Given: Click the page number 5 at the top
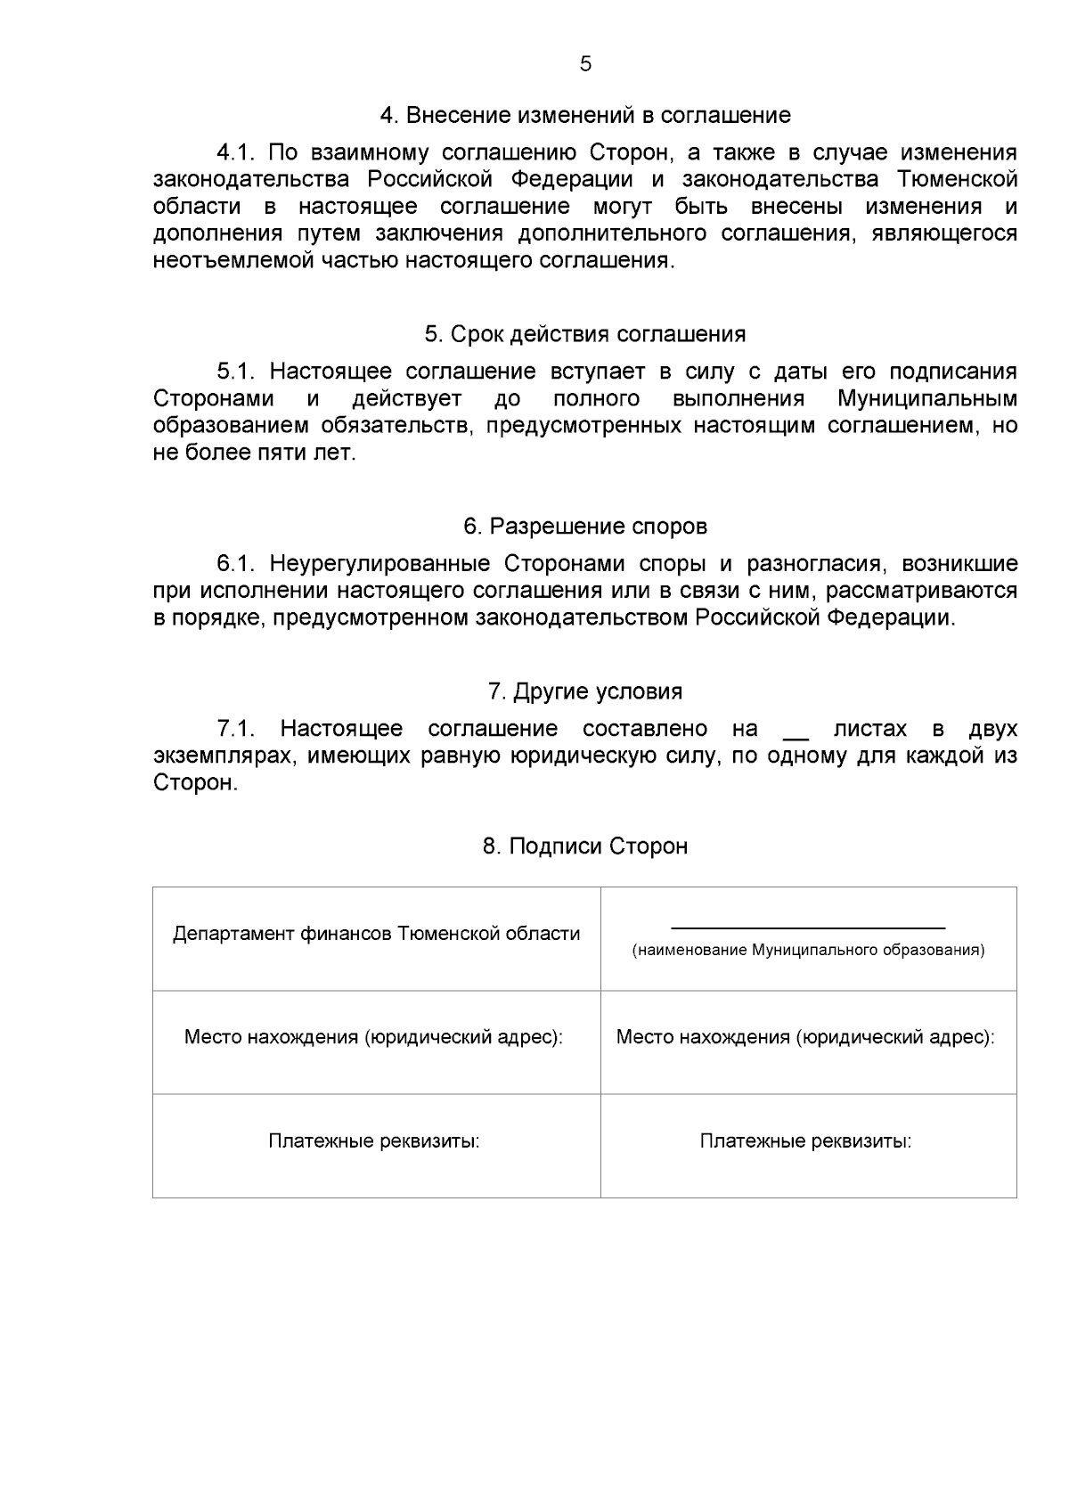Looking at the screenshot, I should coord(585,64).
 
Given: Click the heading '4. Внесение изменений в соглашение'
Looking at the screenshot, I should coord(585,115).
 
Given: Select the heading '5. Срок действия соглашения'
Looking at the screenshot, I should coord(585,334).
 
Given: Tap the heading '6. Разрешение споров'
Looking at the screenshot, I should coord(585,527).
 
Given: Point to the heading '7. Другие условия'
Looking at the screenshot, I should coord(585,691).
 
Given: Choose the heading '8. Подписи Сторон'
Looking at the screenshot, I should coord(585,846).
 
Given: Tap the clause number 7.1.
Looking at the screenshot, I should coord(236,729).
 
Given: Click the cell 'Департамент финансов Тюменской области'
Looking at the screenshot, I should coord(376,934).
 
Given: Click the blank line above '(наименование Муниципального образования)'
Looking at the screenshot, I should coord(807,928).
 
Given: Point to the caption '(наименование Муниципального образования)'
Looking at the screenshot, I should coord(808,951).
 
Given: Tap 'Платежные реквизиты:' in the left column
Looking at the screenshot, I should coord(374,1141).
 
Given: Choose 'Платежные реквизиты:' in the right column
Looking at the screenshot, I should coord(805,1141).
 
